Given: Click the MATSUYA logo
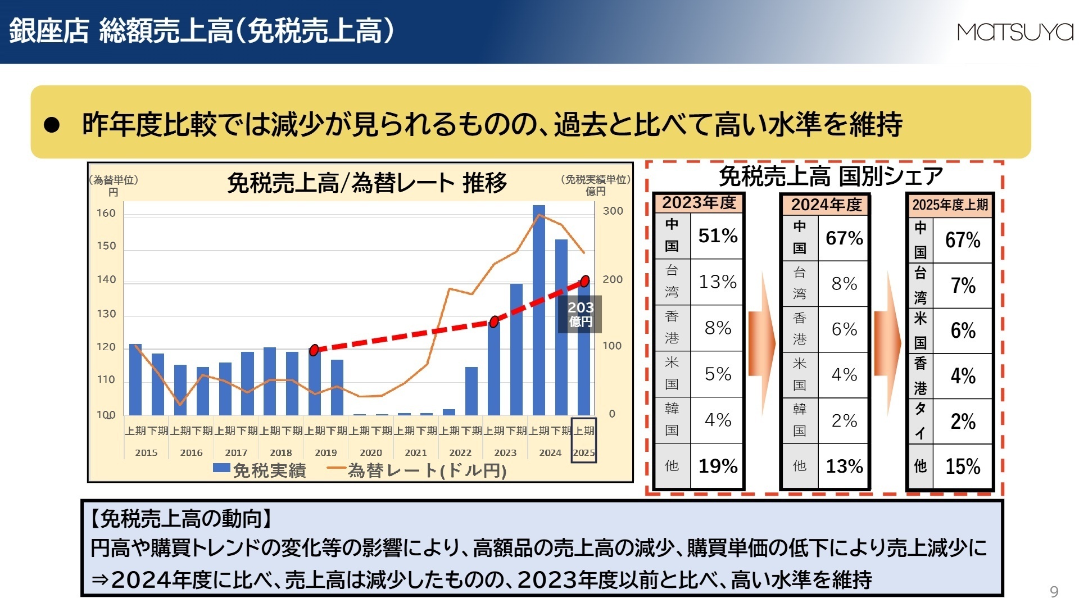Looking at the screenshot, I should tap(1014, 32).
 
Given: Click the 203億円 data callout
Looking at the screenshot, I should tap(580, 314).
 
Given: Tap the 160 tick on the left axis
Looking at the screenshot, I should tap(106, 213).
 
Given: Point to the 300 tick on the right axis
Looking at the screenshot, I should tap(613, 211).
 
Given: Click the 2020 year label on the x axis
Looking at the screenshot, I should tap(370, 452).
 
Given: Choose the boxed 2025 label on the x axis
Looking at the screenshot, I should tap(583, 452).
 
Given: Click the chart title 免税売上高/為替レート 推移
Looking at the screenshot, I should tap(366, 183).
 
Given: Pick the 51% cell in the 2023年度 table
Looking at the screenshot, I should tap(717, 235).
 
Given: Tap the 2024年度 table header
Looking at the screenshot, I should tap(826, 205).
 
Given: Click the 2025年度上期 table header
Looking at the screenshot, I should tap(950, 205).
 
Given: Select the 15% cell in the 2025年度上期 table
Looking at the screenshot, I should tap(962, 466).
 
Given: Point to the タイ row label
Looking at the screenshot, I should tap(920, 421).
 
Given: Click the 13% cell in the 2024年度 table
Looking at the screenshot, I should tap(844, 466).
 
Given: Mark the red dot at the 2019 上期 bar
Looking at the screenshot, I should tap(314, 350).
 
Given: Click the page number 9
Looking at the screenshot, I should tap(1054, 591).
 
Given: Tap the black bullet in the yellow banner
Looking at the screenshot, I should tap(52, 125).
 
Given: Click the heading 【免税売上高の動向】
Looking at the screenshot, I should tap(181, 518).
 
